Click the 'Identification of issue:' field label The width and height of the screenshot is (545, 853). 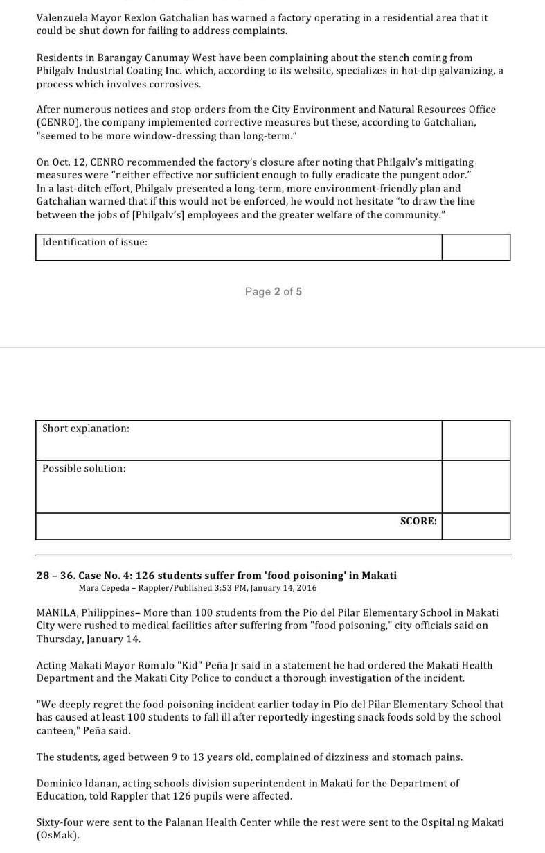[x=95, y=242]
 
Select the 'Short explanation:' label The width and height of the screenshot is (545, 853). [x=86, y=429]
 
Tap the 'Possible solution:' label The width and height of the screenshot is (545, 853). [x=84, y=468]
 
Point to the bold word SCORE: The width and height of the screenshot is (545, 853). [x=418, y=521]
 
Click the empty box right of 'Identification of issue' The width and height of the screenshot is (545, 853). [x=475, y=247]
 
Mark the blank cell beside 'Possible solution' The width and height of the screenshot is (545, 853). [x=475, y=487]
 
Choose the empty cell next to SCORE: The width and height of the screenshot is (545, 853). [x=475, y=526]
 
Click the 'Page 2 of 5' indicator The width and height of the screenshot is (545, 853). [x=273, y=291]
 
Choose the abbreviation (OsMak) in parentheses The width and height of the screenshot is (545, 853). [x=57, y=836]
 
